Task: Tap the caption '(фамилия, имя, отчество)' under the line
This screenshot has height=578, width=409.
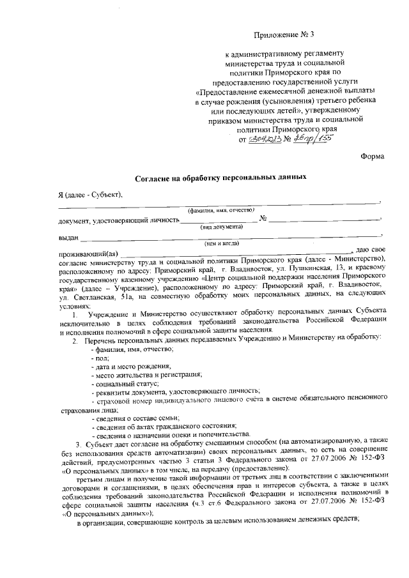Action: pos(220,210)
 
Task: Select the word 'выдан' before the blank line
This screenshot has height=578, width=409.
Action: pos(68,238)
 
